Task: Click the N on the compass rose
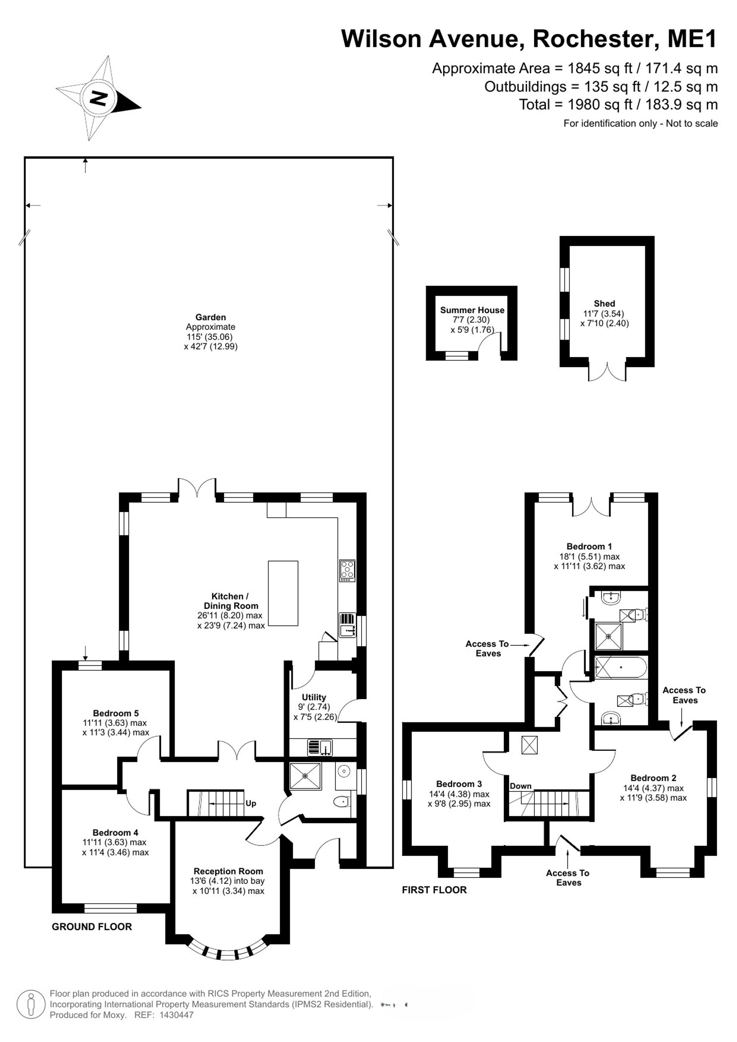(x=98, y=98)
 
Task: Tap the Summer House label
(x=472, y=310)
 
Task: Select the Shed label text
(x=604, y=304)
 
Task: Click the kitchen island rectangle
(x=283, y=593)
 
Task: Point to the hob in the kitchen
(x=347, y=570)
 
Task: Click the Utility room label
(x=314, y=697)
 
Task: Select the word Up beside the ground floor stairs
(x=251, y=803)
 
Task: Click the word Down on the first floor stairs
(x=521, y=786)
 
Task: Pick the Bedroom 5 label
(x=116, y=713)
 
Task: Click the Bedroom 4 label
(x=115, y=832)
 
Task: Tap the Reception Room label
(x=228, y=871)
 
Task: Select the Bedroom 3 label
(x=459, y=784)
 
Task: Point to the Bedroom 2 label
(x=653, y=778)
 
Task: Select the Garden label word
(x=210, y=317)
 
